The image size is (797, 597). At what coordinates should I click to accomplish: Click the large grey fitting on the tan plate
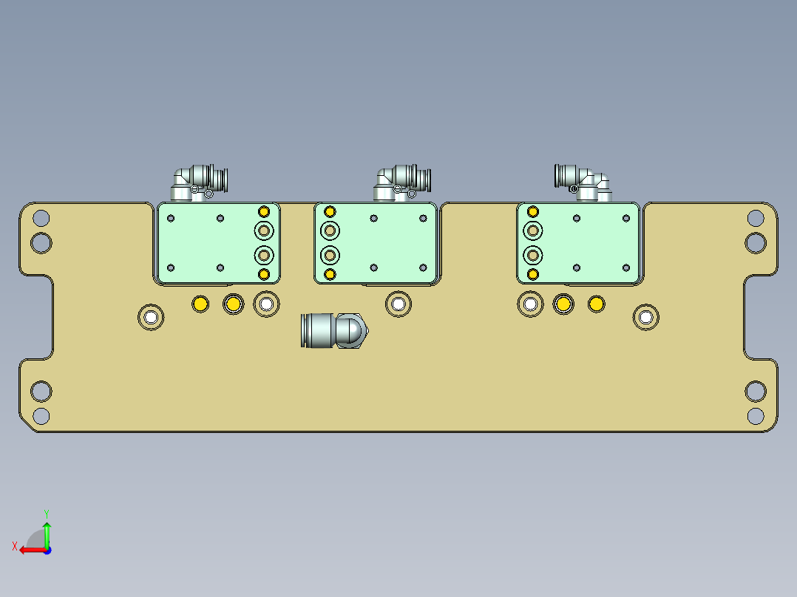click(x=333, y=330)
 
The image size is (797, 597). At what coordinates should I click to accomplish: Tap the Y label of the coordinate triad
click(x=46, y=512)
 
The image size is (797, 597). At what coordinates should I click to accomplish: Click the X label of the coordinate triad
click(x=14, y=546)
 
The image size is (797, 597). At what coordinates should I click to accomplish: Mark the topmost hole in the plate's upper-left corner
click(x=41, y=218)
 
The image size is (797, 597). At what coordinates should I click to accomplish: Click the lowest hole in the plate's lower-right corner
click(x=755, y=415)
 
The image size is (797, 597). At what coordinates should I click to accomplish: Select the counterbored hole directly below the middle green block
click(x=398, y=303)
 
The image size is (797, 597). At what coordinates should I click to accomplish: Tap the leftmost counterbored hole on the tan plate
click(x=151, y=318)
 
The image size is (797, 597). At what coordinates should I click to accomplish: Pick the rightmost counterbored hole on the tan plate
click(x=646, y=318)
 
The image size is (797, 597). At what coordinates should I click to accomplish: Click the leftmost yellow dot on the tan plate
click(x=200, y=304)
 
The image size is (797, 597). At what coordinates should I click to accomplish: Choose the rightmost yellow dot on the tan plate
click(x=596, y=304)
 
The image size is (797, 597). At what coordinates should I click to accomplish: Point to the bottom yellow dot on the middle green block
click(x=330, y=275)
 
